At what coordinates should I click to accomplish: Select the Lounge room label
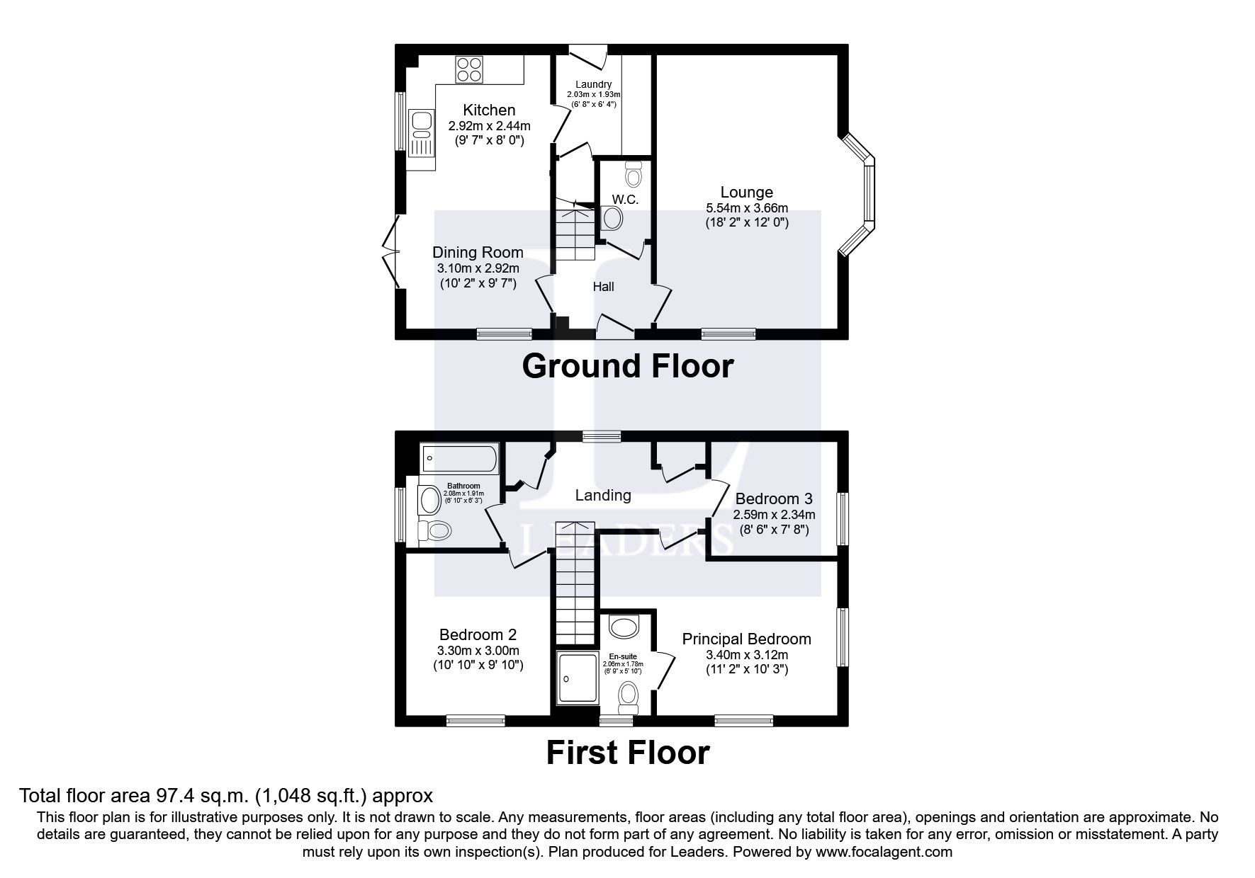pos(746,192)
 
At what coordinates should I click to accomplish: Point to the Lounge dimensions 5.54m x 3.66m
pos(746,208)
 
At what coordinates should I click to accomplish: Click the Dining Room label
pos(478,253)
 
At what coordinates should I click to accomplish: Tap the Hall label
pos(603,287)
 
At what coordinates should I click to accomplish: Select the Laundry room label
pos(593,84)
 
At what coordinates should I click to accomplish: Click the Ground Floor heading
pos(627,367)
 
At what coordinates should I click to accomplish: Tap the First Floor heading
pos(627,753)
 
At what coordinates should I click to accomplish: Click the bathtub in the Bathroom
pos(460,459)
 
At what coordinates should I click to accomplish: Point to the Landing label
pos(602,496)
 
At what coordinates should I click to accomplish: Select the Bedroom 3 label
pos(774,498)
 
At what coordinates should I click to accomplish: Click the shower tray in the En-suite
pos(578,678)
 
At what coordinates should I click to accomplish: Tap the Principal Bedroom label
pos(746,639)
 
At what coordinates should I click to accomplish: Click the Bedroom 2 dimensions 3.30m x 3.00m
pos(478,651)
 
